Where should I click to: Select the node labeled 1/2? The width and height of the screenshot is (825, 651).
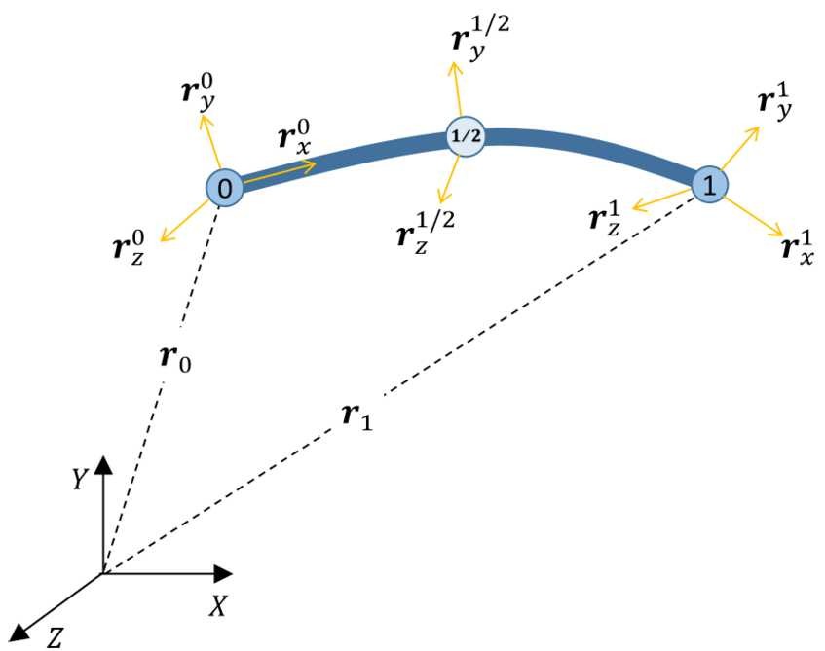click(465, 136)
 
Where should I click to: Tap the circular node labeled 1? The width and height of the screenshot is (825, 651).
click(709, 185)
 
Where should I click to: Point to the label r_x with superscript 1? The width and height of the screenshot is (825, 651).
click(799, 248)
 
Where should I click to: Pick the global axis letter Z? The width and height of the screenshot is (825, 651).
click(56, 636)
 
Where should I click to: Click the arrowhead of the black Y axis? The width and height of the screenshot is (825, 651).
click(103, 461)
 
